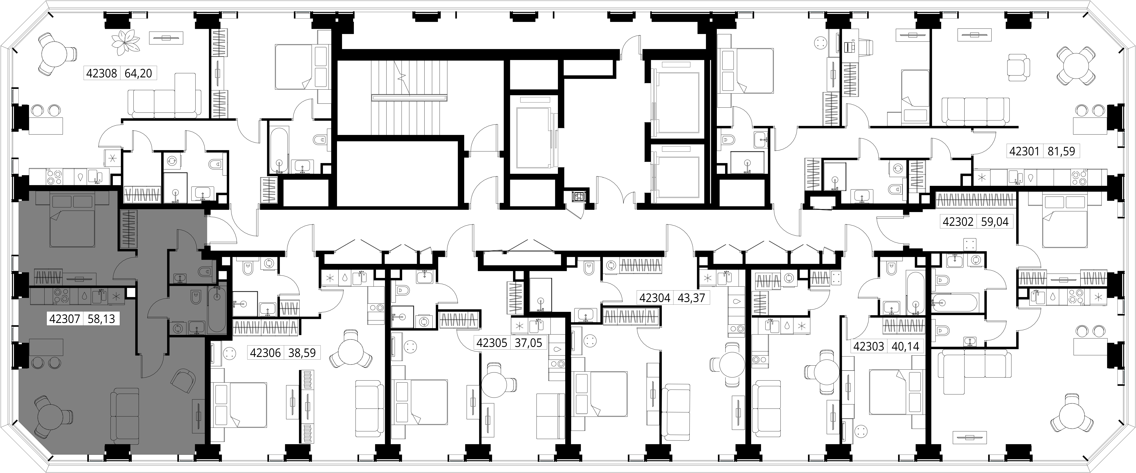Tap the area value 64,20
point(138,73)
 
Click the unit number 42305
point(492,343)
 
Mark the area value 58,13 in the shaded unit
point(101,319)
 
